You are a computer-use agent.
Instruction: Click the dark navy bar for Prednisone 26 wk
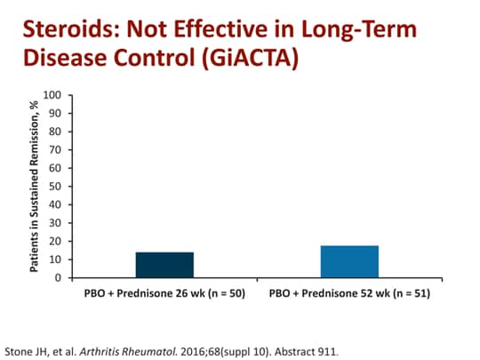coord(164,265)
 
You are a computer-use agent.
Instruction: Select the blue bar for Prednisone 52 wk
coord(349,261)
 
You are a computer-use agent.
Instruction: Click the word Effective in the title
coord(222,31)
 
